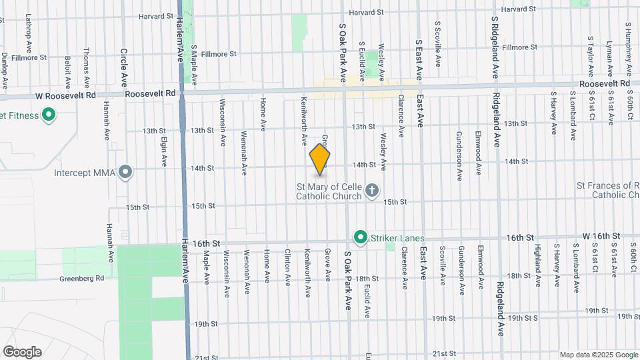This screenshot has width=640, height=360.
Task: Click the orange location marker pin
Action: (x=320, y=159)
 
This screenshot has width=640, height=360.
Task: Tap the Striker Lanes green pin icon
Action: (x=361, y=237)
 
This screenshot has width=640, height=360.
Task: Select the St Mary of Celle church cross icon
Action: (x=372, y=192)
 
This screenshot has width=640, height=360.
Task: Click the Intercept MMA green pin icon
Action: (x=124, y=173)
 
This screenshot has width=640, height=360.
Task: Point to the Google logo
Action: (x=22, y=352)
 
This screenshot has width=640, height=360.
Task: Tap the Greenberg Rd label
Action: (x=82, y=279)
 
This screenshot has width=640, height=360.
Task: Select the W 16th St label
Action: (x=601, y=236)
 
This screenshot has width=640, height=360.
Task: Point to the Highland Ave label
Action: (x=537, y=260)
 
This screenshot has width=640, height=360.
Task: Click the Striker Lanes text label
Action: (x=398, y=237)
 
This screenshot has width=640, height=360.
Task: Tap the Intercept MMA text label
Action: (x=87, y=173)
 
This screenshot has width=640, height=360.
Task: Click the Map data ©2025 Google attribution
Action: (x=598, y=355)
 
